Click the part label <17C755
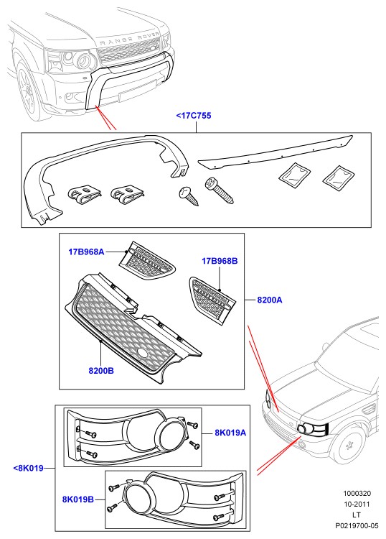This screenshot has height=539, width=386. pos(194,116)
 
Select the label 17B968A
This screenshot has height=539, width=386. pos(86,252)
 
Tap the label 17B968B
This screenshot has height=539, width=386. pos(220,261)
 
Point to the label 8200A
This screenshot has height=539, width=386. pos(270,300)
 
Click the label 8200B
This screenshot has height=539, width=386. pos(101,371)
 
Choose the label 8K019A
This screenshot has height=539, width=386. pos(230,433)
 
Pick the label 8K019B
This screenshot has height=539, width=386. pos(78,499)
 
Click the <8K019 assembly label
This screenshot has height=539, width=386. pos(28,468)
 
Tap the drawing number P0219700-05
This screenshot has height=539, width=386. pos(357,526)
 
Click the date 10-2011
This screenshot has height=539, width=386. pos(357,505)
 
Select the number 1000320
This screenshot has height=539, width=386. pos(357,493)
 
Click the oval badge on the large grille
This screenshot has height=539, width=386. pos(142,353)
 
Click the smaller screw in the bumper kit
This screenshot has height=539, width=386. pos(189,196)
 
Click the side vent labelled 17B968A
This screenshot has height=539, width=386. pos(147,260)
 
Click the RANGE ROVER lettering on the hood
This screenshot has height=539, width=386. pos(130,38)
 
